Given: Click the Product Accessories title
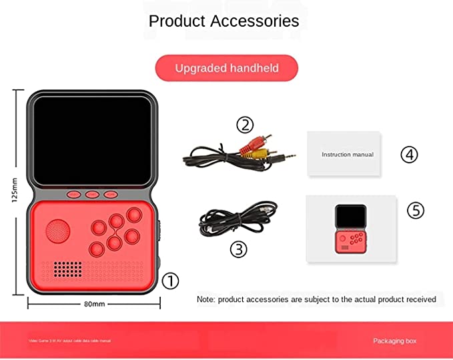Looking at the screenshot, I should coord(224,21).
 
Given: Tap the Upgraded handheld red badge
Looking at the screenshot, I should coord(226,68).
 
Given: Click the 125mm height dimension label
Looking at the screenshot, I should coord(15,193).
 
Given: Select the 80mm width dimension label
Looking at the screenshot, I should coord(94,304).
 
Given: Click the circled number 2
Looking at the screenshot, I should coord(245,125).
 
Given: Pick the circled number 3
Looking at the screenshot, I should coord(238,249).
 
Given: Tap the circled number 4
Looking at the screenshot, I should coord(409,155).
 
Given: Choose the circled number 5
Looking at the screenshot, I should coord(416,211).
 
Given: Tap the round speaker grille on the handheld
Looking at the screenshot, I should coord(58,232).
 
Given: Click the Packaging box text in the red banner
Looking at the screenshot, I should coord(394,341).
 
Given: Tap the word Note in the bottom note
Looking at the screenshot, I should coord(205,299).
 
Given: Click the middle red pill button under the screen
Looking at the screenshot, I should coord(92,195).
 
